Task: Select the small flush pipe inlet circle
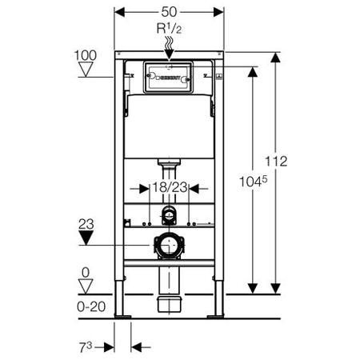[168, 214]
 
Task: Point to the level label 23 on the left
[87, 226]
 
